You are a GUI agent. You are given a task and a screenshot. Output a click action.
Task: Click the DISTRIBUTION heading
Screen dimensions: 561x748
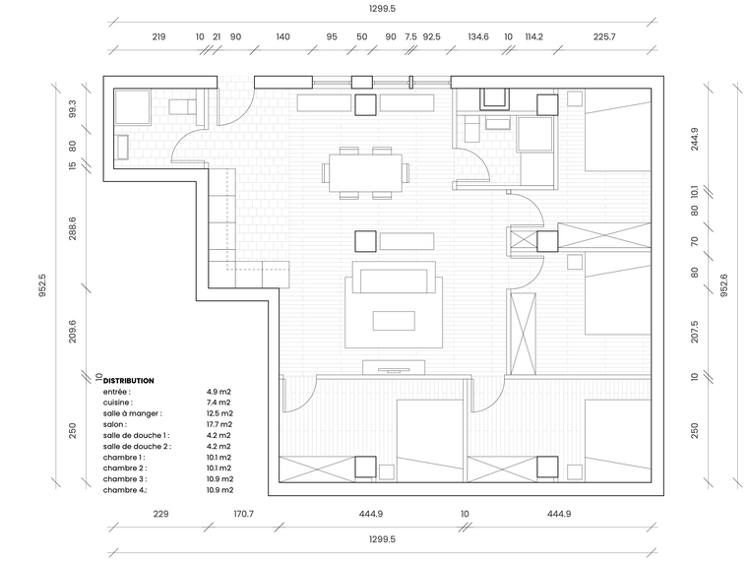(x=129, y=380)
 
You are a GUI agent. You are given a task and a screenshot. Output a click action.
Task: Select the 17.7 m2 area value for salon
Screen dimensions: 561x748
(x=218, y=424)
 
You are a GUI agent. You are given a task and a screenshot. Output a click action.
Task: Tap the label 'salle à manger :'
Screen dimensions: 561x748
(x=132, y=413)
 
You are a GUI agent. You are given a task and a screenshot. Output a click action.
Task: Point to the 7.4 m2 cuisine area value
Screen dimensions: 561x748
(x=218, y=403)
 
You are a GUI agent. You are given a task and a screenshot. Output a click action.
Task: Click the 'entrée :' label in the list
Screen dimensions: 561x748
(x=116, y=392)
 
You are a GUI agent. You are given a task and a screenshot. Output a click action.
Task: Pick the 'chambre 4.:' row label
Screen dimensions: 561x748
(x=124, y=489)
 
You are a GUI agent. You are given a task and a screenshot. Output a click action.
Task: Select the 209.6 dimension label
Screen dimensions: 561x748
(x=72, y=333)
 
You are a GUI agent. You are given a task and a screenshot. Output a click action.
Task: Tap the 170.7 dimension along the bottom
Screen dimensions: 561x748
(x=242, y=514)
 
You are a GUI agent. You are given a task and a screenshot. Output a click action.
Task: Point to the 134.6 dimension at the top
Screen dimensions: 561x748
(x=478, y=37)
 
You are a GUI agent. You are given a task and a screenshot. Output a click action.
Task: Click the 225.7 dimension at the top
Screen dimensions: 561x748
(x=604, y=37)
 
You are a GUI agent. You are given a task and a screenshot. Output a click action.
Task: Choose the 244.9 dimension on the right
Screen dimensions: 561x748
(x=694, y=138)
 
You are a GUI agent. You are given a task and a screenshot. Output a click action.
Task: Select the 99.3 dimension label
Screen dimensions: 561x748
(x=72, y=109)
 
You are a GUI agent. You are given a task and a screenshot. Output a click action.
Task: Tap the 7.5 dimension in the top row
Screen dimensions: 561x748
(x=410, y=37)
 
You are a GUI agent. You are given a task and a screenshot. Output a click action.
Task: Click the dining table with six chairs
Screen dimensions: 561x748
(x=365, y=171)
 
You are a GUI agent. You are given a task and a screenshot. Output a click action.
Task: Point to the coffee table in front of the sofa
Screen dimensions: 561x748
(x=394, y=321)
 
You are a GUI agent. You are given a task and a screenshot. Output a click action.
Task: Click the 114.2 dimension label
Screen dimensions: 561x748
(x=533, y=37)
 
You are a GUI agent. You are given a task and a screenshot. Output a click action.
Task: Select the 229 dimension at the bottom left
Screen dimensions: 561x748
(x=160, y=514)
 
